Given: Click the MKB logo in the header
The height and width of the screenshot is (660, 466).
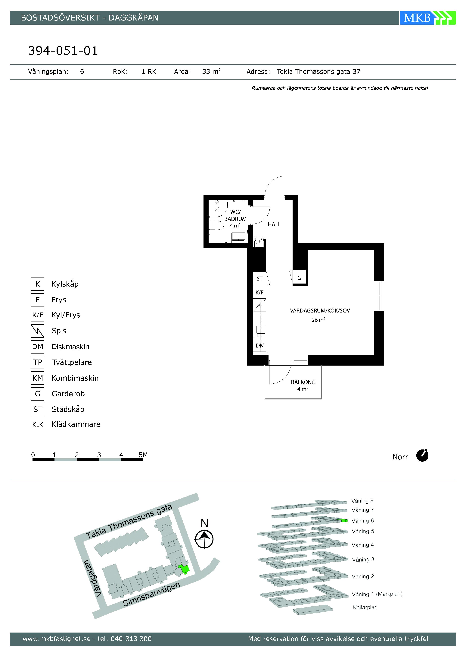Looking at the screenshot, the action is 427,18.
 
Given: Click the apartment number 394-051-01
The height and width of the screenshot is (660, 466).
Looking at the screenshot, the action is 63,51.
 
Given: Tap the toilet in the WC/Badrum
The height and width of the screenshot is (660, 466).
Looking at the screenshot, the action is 216,225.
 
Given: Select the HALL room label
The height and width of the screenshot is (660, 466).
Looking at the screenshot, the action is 274,224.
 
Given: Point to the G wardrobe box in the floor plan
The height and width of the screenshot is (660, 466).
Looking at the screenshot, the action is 299,278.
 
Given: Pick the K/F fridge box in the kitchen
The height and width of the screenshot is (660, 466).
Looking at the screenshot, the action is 259,292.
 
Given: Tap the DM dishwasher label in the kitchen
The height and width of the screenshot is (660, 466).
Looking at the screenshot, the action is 260,346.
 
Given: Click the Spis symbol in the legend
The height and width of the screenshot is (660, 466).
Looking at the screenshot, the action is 37,331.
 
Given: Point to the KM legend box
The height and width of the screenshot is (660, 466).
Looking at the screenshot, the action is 37,378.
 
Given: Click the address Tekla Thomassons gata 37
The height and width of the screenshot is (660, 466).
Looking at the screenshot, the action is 318,71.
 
